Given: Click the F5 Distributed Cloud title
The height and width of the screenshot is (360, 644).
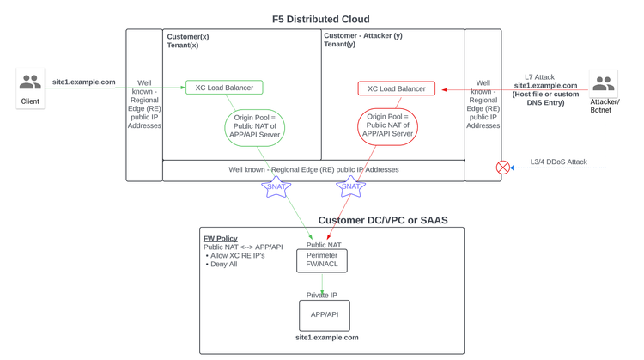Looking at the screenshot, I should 321,19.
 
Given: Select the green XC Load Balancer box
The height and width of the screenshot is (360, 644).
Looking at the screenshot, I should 224,88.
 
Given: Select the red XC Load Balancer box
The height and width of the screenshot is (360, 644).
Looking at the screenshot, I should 396,88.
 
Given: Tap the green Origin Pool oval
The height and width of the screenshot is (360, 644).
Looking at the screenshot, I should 254,125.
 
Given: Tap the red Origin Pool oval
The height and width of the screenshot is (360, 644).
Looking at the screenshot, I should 387,125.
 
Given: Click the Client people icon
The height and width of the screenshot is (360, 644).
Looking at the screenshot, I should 30,82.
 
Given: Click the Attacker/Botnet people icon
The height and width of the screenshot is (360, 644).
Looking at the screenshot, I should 604,83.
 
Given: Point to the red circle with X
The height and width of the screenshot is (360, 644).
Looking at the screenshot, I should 503,168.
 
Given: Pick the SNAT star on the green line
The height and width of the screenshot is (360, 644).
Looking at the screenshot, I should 276,186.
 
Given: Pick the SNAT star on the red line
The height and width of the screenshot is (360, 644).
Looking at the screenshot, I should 350,186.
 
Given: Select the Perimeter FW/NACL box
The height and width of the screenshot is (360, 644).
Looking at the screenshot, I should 322,260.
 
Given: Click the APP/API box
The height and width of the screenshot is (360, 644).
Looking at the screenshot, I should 324,315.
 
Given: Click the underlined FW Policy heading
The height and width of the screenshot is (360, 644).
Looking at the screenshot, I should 220,238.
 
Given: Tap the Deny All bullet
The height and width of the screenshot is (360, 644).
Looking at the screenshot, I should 222,265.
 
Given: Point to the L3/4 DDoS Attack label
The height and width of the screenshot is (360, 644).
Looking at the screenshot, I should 558,162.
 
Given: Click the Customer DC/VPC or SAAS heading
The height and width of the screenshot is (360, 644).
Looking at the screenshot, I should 383,221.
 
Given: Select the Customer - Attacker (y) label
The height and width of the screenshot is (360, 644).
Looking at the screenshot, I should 362,36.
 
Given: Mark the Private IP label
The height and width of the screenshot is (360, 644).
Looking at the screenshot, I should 322,296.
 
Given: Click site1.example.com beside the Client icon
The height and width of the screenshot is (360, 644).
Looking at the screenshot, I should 83,82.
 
